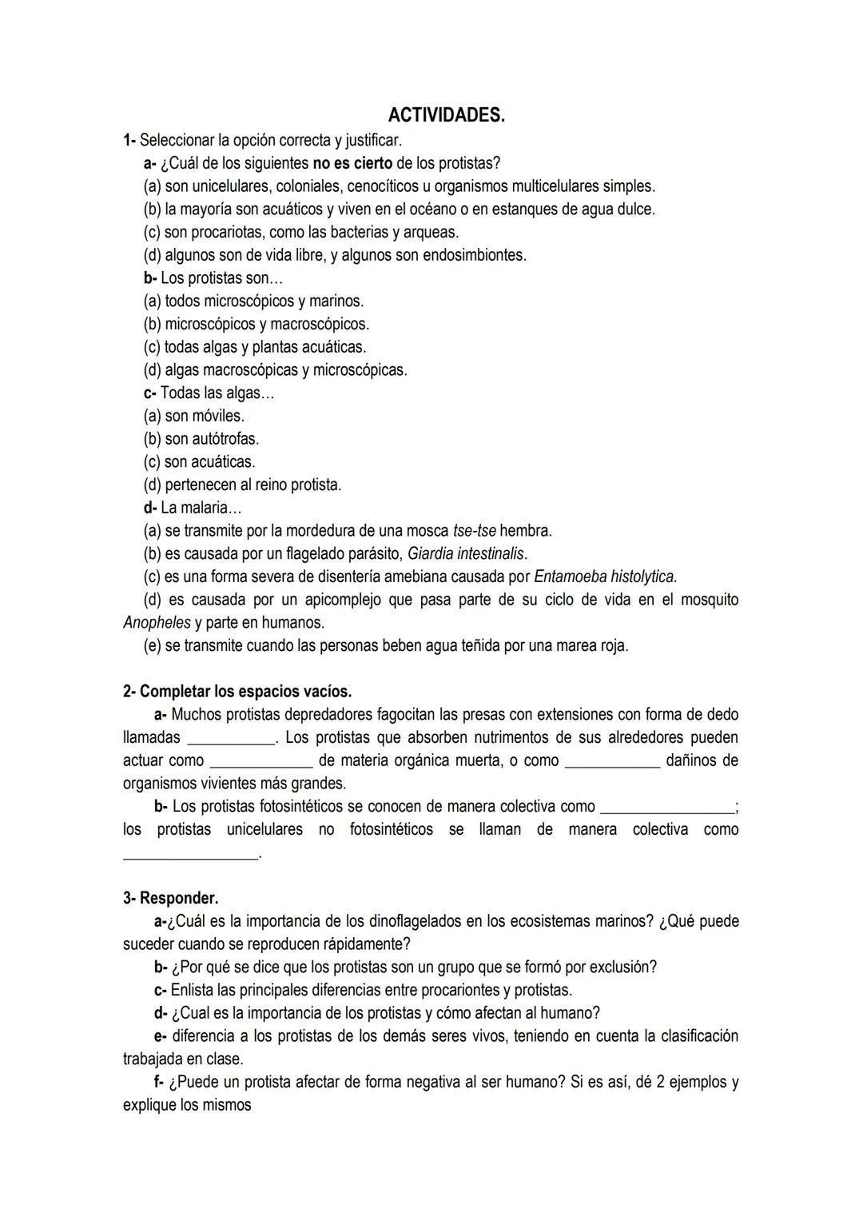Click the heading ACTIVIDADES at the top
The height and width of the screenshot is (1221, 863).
[446, 116]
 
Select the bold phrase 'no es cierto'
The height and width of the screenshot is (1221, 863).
[352, 164]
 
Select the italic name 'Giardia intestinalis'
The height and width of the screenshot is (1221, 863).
[467, 554]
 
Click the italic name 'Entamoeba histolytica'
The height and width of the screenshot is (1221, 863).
[605, 577]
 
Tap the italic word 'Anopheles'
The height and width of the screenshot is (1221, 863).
[157, 623]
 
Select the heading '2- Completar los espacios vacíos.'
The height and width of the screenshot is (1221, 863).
[237, 692]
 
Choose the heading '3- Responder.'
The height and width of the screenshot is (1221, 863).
[170, 898]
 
